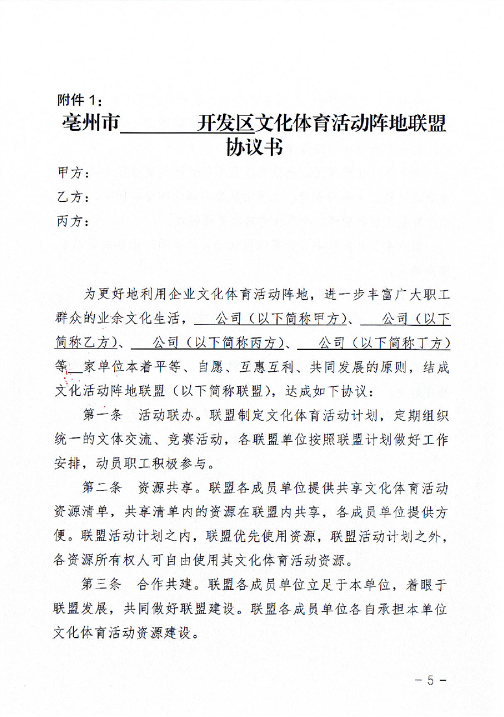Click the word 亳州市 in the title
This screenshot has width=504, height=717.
pyautogui.click(x=90, y=123)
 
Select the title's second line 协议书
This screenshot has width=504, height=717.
pyautogui.click(x=254, y=148)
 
